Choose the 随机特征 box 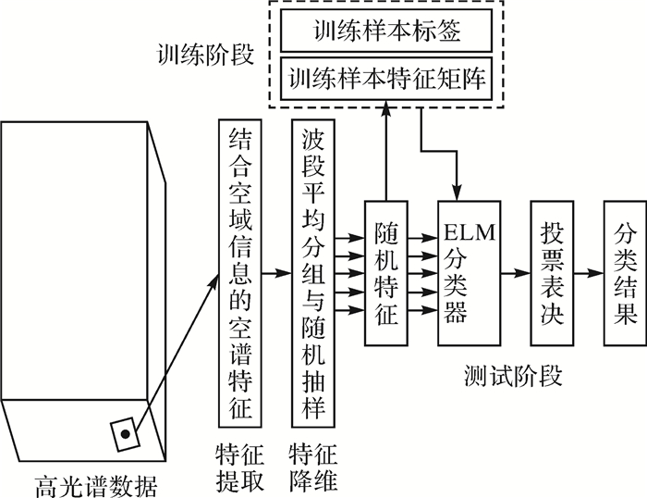click(x=386, y=273)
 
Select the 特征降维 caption click(x=313, y=467)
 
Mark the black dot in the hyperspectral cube click(x=122, y=430)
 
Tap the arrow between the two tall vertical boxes click(x=276, y=274)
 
